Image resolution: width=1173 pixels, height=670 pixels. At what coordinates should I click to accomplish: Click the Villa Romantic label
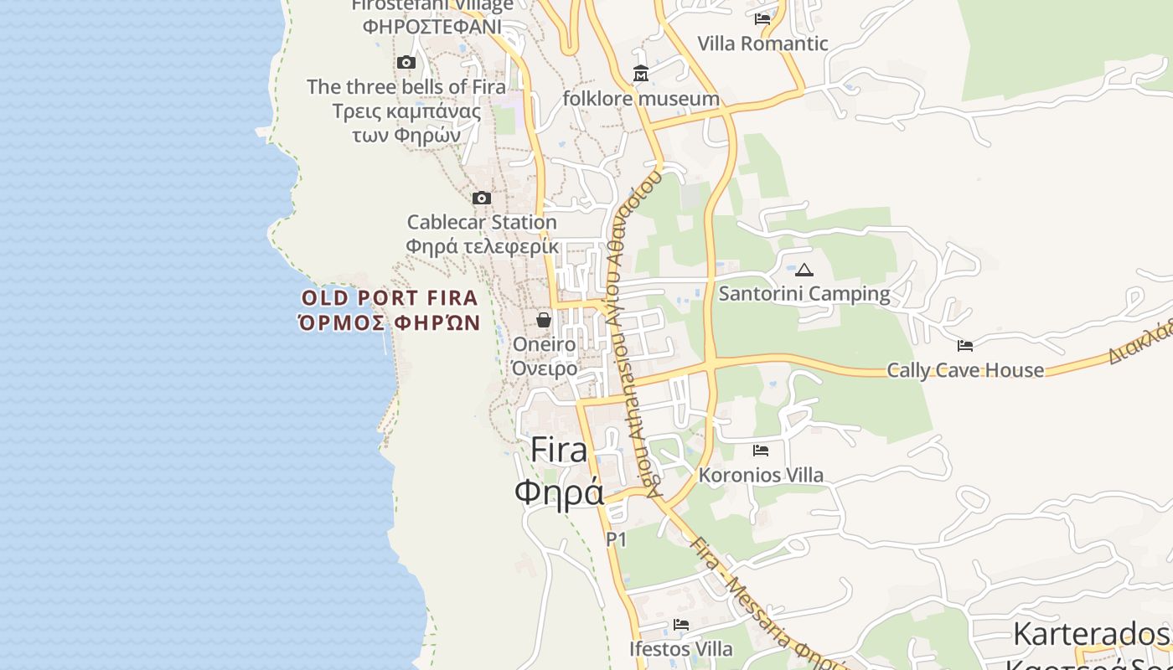762,44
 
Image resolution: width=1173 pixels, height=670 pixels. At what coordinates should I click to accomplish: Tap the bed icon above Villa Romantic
762,18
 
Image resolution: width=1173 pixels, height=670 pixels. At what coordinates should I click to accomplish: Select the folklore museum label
641,99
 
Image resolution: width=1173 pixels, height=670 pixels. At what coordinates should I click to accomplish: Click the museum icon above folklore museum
641,74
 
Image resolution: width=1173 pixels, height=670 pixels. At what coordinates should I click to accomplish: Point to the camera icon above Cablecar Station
482,198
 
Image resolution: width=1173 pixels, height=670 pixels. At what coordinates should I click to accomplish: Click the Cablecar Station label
482,223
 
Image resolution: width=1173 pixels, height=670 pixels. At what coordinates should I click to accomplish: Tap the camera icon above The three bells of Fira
406,63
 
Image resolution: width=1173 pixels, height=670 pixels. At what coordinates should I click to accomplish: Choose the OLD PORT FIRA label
390,298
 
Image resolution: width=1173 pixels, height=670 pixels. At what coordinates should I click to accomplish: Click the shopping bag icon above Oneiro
544,320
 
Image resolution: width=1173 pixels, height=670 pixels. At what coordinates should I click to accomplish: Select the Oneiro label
544,344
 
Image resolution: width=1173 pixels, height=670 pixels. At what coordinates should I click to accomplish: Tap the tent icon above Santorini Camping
804,270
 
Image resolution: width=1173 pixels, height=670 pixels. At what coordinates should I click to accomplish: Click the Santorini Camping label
804,294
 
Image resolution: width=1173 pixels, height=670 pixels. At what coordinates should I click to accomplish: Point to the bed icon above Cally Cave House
965,345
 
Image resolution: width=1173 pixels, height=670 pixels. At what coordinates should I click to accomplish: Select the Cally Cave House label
965,370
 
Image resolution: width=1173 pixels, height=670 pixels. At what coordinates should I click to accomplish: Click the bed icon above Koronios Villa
761,451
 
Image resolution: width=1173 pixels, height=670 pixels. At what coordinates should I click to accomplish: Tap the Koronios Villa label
761,476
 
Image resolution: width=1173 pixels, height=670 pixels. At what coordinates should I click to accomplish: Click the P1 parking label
616,540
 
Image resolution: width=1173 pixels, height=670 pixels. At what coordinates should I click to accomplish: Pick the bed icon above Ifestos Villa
681,625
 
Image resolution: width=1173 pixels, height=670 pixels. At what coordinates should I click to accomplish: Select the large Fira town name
559,451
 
